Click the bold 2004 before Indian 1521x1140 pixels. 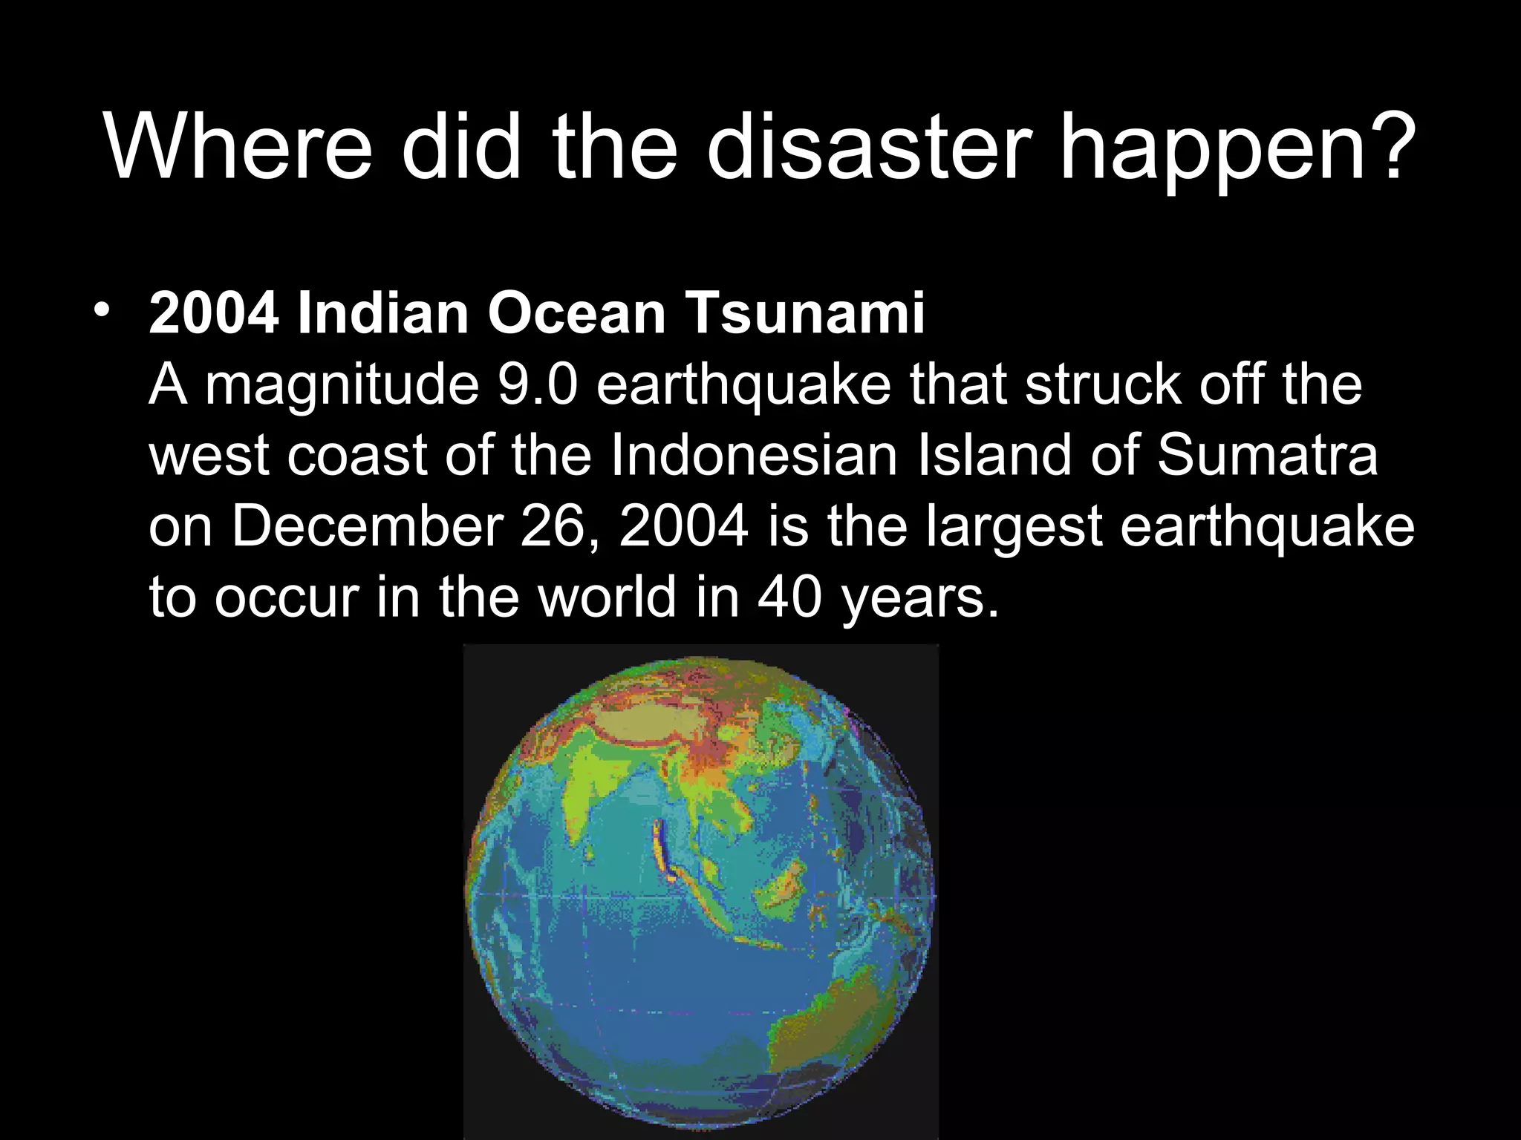click(x=214, y=314)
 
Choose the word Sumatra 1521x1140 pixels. click(x=1267, y=455)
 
